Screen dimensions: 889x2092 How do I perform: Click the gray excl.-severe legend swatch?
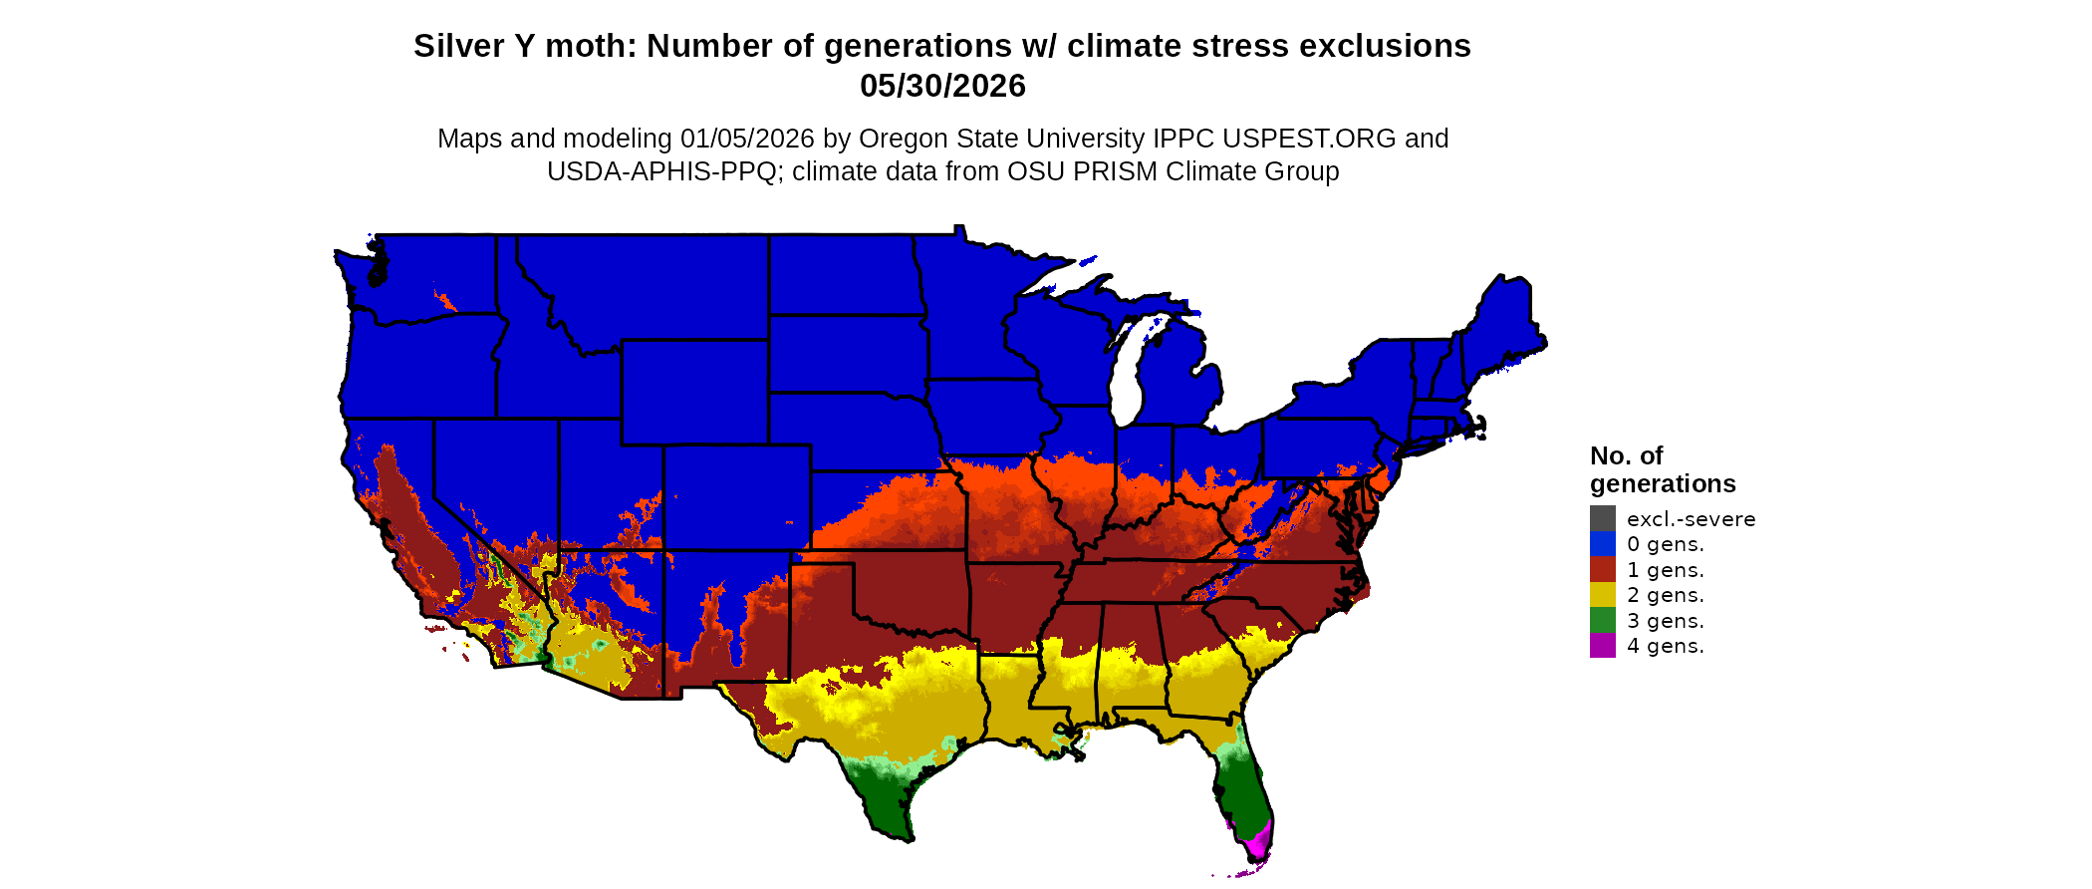[x=1602, y=518]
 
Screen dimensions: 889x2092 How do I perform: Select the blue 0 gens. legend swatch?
[x=1602, y=544]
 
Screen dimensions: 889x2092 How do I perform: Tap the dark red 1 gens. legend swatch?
[x=1602, y=569]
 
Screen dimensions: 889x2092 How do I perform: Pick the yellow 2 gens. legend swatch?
[x=1602, y=595]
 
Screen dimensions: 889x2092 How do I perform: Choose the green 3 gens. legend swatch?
[x=1602, y=620]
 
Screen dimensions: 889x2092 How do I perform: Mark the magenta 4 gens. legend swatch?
[x=1602, y=646]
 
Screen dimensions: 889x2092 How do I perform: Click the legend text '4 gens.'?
[x=1665, y=646]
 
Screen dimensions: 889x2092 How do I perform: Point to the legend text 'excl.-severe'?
[x=1691, y=519]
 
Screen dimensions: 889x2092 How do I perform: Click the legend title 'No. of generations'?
[x=1662, y=469]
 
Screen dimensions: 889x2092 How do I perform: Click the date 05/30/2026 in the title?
[x=942, y=87]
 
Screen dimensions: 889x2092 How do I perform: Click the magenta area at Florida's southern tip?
[x=1257, y=843]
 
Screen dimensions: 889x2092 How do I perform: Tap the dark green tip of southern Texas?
[x=887, y=812]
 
